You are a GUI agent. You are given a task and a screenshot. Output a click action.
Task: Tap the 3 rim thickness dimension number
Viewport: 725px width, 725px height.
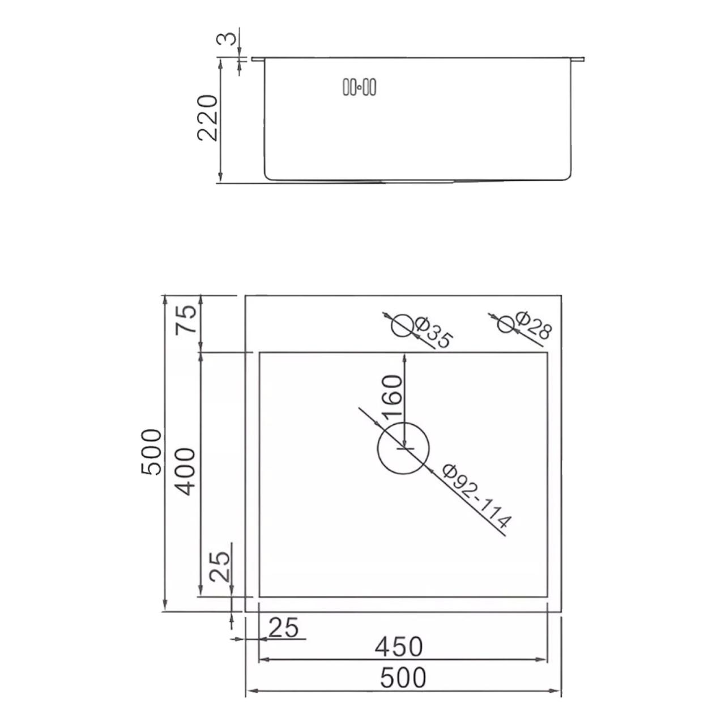[227, 39]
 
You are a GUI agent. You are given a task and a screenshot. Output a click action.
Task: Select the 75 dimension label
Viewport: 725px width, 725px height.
[186, 319]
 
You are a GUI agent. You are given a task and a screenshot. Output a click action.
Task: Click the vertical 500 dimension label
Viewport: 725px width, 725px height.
[151, 452]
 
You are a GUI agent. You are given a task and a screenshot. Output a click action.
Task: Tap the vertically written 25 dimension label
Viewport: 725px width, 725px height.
[219, 567]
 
